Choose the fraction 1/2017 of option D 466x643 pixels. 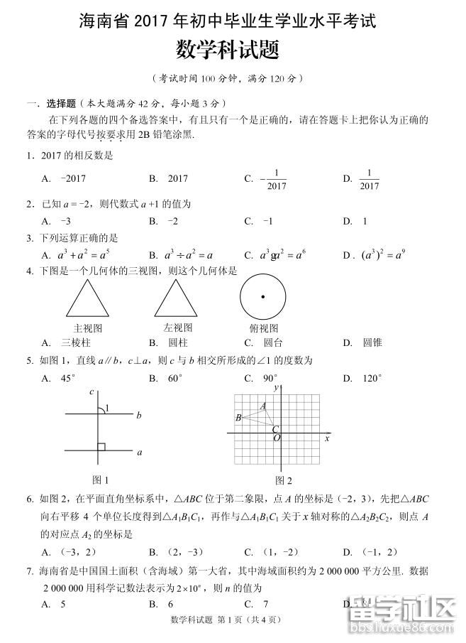tap(370, 179)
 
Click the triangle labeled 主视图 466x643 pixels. tap(88, 298)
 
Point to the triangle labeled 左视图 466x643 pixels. tap(176, 298)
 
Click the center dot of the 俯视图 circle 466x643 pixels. tap(262, 297)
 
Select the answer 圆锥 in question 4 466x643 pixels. tap(372, 342)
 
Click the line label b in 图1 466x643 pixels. tap(139, 415)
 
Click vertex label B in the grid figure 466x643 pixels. tap(238, 417)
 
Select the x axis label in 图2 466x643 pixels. tap(327, 438)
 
